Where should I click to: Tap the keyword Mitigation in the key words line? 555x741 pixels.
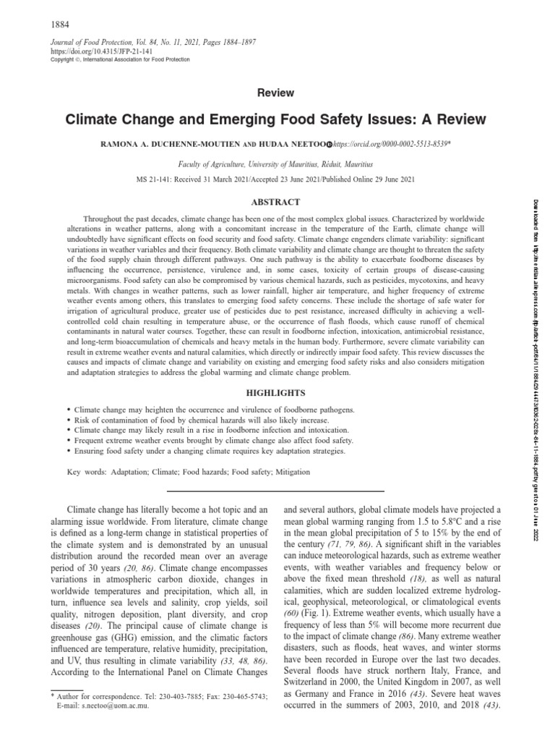290,472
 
